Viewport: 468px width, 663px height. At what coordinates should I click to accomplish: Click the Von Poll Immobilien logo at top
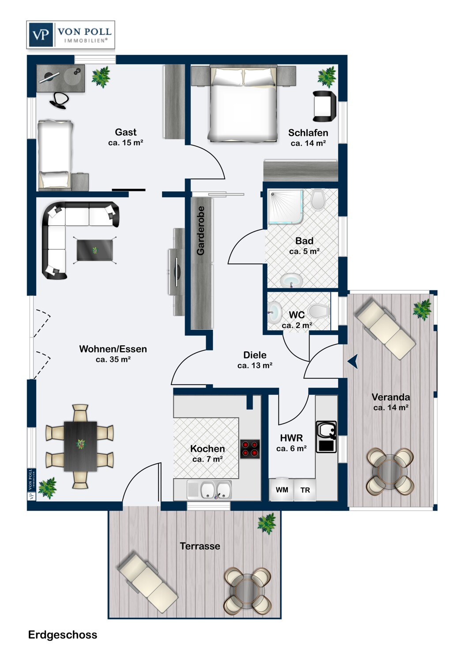click(x=71, y=34)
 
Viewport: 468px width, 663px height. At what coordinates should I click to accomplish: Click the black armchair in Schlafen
click(x=325, y=106)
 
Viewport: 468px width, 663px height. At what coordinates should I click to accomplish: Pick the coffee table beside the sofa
click(x=94, y=250)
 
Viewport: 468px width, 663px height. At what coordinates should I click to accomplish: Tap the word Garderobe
click(x=201, y=231)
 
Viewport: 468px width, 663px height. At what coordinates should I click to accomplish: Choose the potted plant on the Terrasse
click(x=266, y=524)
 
